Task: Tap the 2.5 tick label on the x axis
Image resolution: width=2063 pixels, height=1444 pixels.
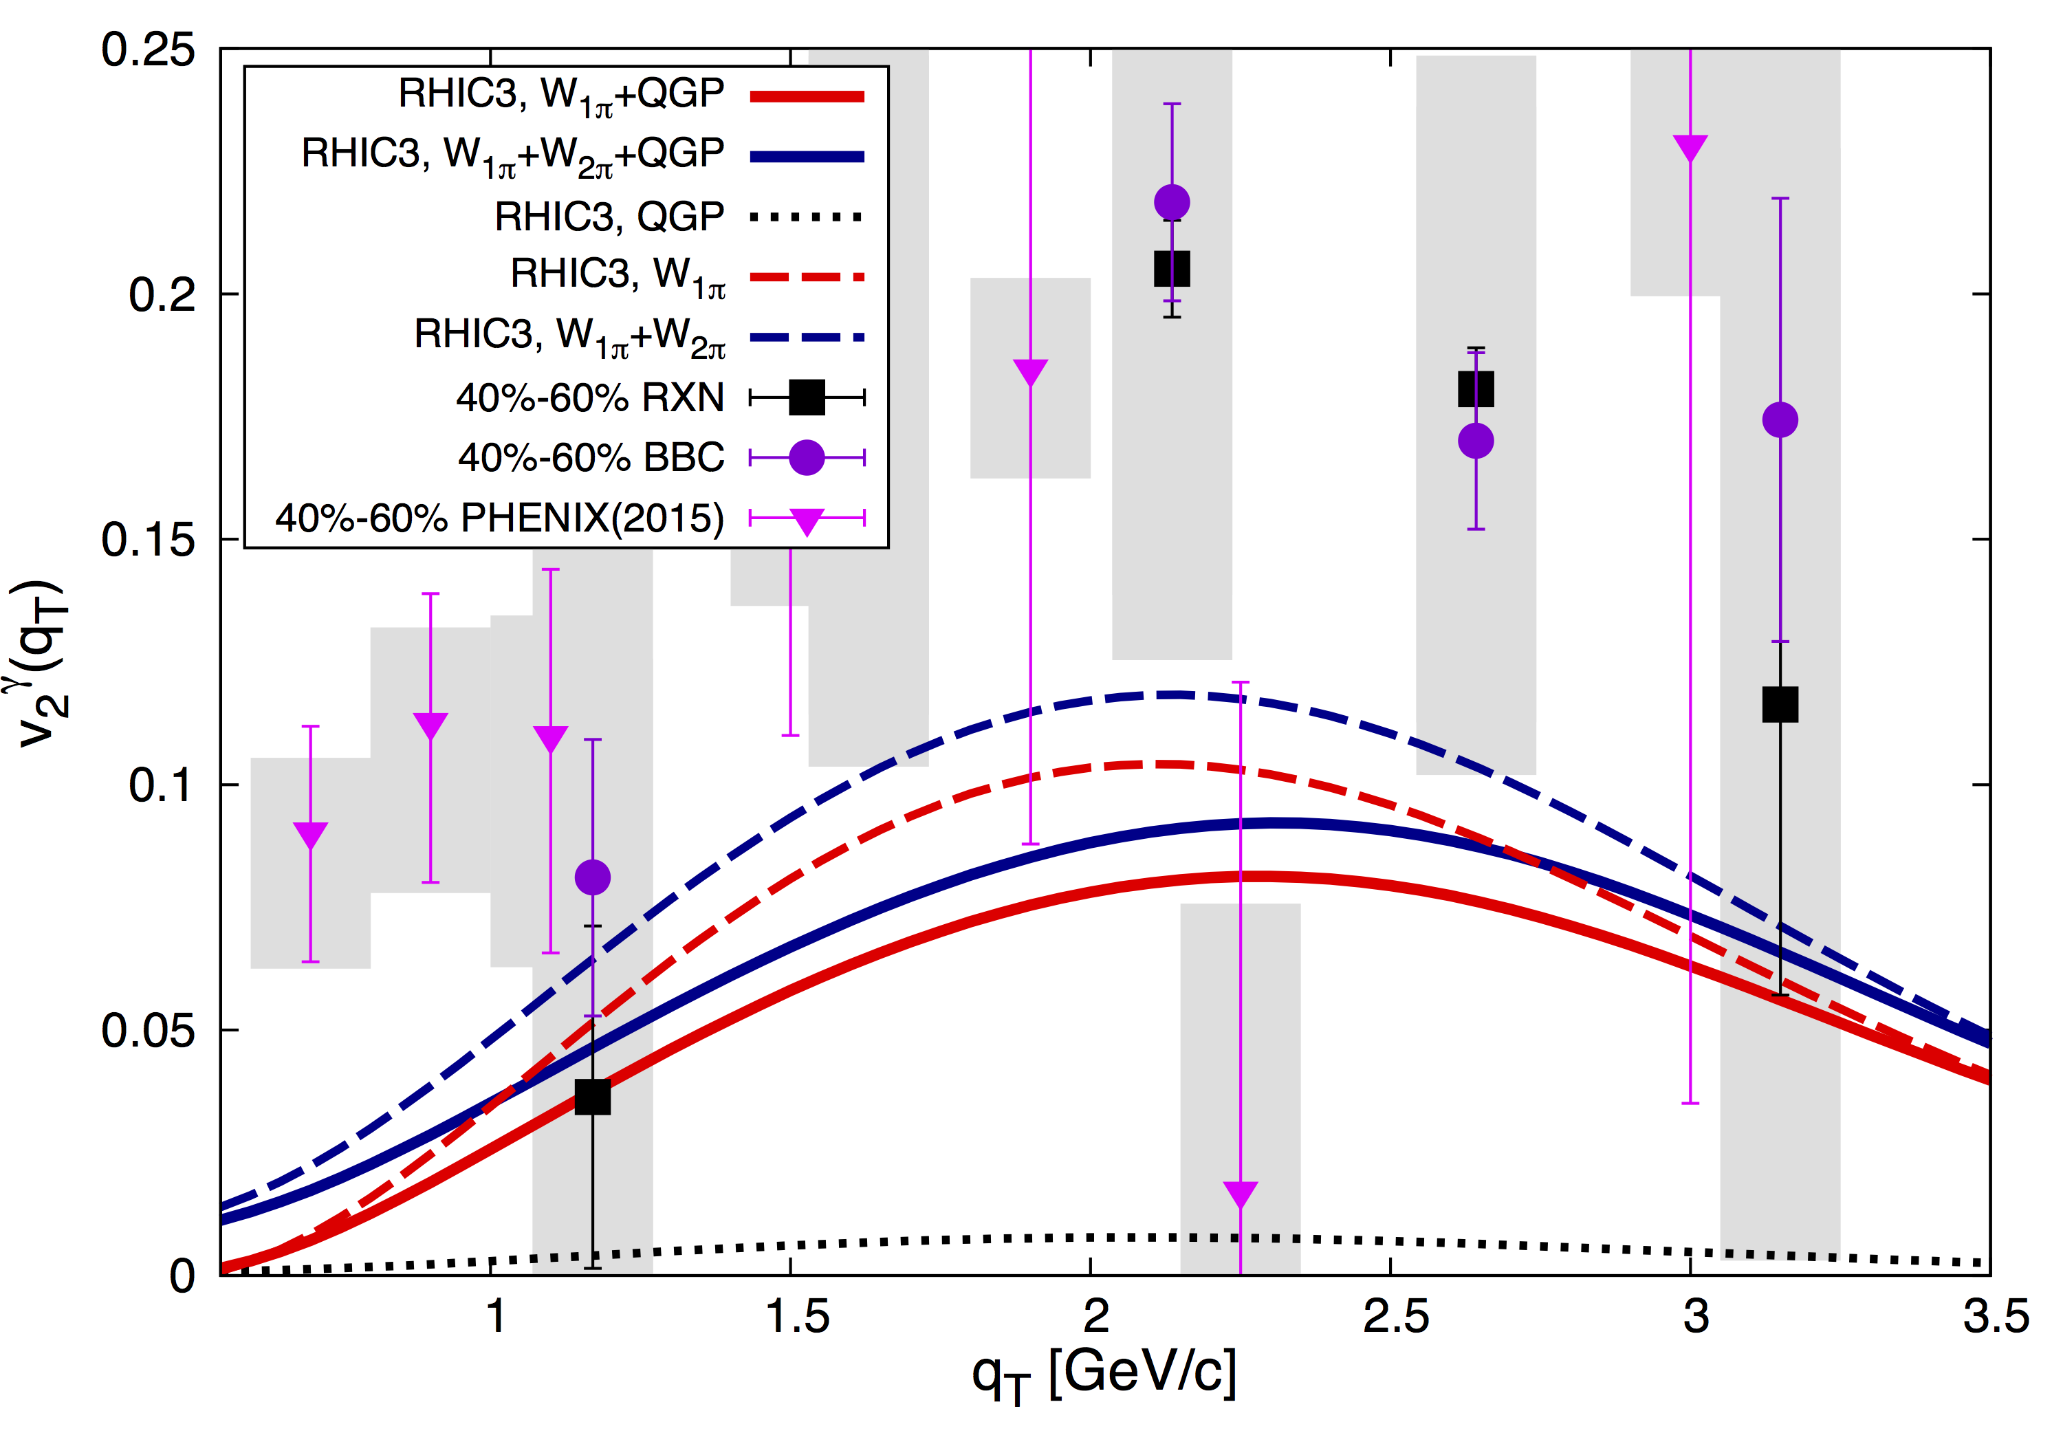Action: (x=1395, y=1318)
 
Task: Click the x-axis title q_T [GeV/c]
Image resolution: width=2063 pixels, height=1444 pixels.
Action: (x=1104, y=1375)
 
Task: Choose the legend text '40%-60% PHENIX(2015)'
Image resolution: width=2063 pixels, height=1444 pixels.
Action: (x=499, y=518)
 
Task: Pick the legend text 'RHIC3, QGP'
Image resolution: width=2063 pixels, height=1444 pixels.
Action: (x=609, y=217)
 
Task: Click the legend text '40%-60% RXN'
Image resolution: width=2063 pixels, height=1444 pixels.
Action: (x=589, y=397)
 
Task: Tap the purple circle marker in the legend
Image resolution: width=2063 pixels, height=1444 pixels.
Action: (x=807, y=458)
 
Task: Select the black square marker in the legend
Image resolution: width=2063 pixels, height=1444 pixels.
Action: (x=807, y=397)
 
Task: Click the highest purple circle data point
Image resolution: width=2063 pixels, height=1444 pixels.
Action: (x=1172, y=202)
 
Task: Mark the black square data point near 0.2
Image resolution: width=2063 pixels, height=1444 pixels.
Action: (x=1172, y=269)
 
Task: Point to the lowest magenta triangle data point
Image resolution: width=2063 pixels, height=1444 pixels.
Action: (x=1240, y=1193)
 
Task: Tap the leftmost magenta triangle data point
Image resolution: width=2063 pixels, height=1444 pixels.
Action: (x=310, y=835)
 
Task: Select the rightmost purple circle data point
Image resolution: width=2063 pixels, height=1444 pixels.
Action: (x=1780, y=419)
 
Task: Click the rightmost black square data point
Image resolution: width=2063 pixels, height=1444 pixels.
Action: (x=1780, y=705)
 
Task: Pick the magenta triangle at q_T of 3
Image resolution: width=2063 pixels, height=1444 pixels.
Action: (x=1690, y=147)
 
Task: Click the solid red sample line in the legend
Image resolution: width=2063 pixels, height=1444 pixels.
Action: (x=807, y=96)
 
